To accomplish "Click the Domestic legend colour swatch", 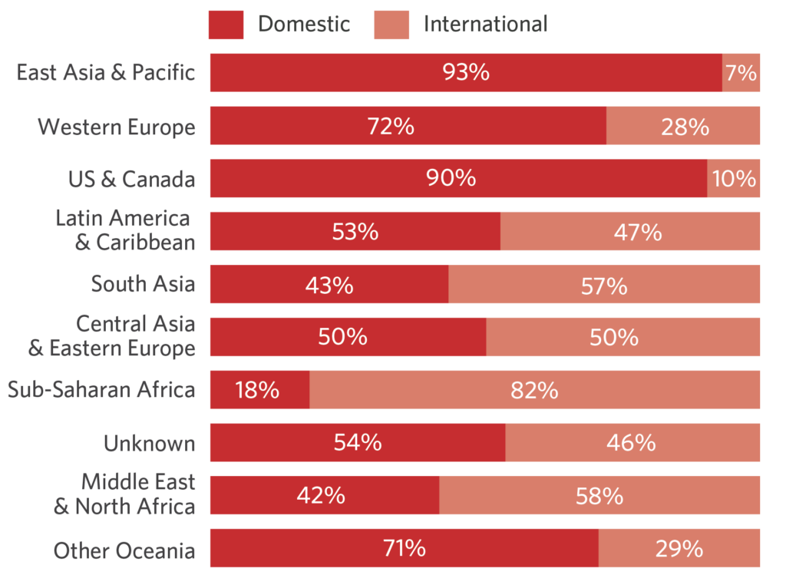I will click(x=226, y=25).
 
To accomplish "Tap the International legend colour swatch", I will click(x=391, y=25).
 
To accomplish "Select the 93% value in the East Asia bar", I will click(x=466, y=73).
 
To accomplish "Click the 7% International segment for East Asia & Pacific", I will click(x=741, y=73).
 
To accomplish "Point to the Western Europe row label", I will click(x=117, y=127).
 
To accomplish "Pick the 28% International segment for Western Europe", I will click(x=684, y=126).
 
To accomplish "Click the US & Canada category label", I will click(x=131, y=179).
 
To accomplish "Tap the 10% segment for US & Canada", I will click(x=734, y=179).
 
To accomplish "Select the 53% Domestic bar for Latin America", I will click(x=355, y=232).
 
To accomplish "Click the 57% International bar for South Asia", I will click(x=604, y=285).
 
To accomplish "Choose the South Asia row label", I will click(x=143, y=284).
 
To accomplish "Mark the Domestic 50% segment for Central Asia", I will click(x=348, y=337).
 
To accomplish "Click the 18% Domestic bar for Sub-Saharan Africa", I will click(x=259, y=390).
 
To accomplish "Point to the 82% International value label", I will click(x=534, y=390).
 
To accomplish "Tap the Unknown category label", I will click(x=150, y=443).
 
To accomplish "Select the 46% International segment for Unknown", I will click(x=632, y=443).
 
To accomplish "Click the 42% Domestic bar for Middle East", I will click(x=324, y=495).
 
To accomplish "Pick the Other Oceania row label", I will click(x=124, y=550).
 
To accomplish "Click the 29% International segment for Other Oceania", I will click(x=679, y=548).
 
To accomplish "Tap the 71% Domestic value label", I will click(x=404, y=548).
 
